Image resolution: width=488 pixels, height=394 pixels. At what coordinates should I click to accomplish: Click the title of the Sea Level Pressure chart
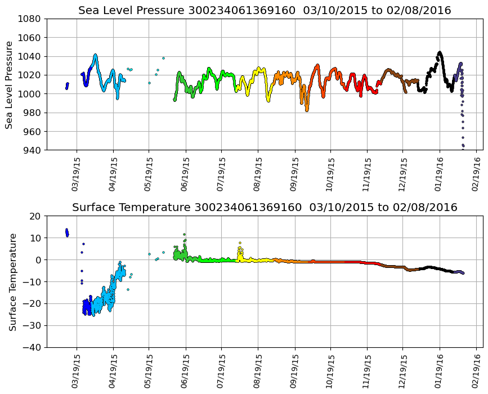[265, 11]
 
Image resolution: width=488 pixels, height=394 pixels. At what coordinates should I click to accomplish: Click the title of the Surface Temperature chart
[265, 208]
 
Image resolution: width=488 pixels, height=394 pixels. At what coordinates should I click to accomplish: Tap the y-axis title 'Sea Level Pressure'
[9, 84]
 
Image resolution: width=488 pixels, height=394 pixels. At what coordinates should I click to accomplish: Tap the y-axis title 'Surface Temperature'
[12, 281]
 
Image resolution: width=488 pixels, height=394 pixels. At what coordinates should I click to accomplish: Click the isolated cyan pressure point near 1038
[163, 58]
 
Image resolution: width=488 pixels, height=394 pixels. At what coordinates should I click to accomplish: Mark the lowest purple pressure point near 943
[463, 147]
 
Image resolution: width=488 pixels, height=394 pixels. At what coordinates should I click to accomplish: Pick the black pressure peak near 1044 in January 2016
[440, 53]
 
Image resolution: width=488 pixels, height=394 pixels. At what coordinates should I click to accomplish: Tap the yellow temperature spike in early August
[240, 243]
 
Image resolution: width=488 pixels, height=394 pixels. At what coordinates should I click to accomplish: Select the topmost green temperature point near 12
[184, 234]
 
